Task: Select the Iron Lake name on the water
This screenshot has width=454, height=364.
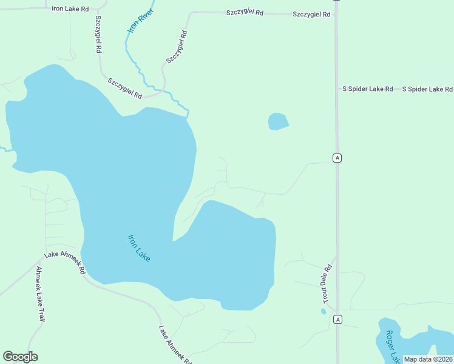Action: click(139, 248)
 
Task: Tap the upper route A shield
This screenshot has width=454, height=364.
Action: click(337, 158)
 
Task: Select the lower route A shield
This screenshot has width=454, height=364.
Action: click(337, 319)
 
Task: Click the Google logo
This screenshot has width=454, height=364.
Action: click(20, 357)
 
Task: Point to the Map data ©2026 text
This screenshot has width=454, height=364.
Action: click(428, 359)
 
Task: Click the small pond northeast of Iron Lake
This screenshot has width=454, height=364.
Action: click(278, 121)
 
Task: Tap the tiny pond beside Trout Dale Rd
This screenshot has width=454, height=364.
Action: click(324, 311)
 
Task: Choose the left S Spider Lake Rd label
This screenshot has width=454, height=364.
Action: click(368, 89)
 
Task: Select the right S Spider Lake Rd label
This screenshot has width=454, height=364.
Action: click(427, 89)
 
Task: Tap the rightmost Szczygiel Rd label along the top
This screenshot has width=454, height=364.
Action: click(311, 14)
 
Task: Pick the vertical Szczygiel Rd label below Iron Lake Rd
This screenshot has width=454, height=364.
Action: click(98, 34)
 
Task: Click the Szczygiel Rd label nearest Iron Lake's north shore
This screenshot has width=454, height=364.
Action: click(125, 89)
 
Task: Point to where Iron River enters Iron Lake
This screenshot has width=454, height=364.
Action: click(188, 115)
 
